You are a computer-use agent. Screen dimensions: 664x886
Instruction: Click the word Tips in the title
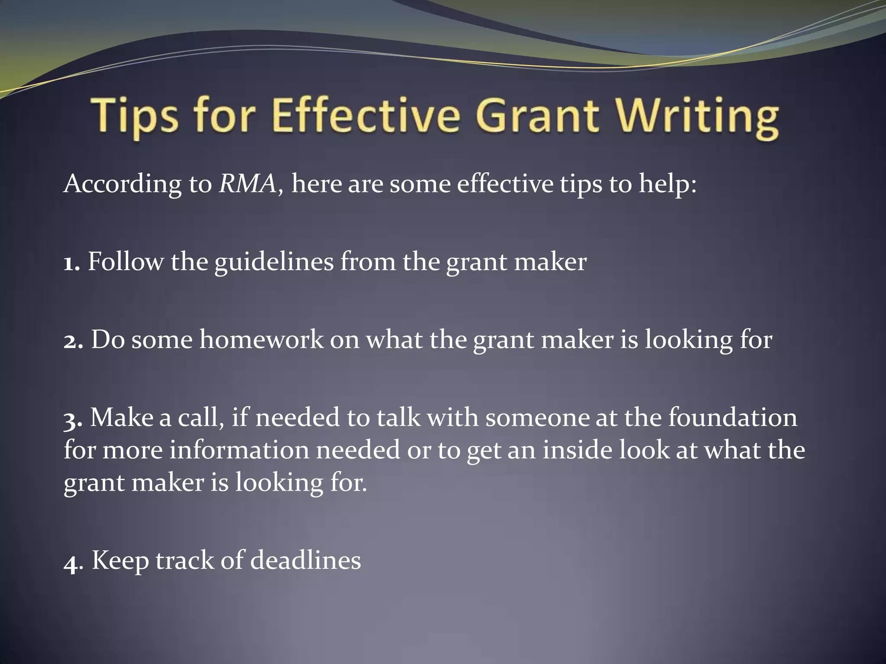point(135,116)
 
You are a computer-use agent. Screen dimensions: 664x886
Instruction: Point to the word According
point(123,184)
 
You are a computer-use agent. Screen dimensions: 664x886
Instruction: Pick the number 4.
point(71,562)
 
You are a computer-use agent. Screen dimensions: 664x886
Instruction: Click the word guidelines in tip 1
point(274,263)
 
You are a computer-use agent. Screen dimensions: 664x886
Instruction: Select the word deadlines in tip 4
point(305,561)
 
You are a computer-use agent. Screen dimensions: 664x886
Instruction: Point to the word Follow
point(125,262)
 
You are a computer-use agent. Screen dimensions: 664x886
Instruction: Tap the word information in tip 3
point(239,450)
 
